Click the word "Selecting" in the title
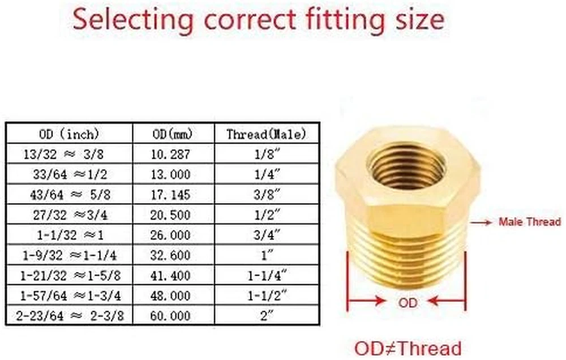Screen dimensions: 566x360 (133, 20)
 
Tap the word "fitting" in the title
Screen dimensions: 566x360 (344, 20)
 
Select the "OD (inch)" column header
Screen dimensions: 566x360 (69, 134)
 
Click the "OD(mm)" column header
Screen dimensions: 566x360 (173, 134)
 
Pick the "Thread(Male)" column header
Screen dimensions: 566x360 (267, 134)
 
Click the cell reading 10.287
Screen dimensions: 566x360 (170, 155)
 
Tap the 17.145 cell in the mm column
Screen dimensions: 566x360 (170, 195)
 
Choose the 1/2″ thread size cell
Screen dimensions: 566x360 (267, 215)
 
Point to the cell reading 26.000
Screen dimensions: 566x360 (170, 235)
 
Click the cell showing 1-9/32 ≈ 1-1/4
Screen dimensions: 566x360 (70, 256)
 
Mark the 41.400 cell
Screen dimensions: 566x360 (170, 276)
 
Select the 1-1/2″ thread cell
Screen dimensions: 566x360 (267, 296)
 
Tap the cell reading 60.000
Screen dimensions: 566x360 (170, 316)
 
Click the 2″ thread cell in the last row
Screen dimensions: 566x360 (267, 316)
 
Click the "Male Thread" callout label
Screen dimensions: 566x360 (530, 221)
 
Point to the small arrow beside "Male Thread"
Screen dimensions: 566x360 (481, 223)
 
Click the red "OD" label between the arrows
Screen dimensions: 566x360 (408, 303)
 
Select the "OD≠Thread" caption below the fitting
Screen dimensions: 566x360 (408, 349)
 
